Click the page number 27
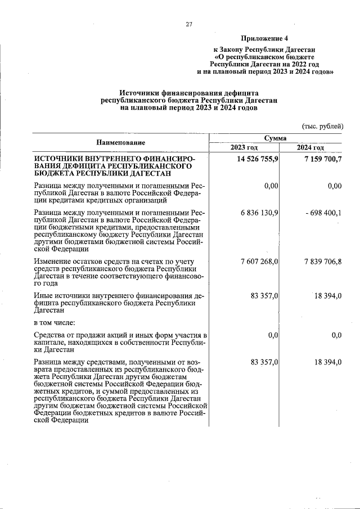189,24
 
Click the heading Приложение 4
264,39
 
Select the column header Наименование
120,142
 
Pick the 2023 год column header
244,147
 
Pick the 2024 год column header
311,147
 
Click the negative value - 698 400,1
319,211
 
